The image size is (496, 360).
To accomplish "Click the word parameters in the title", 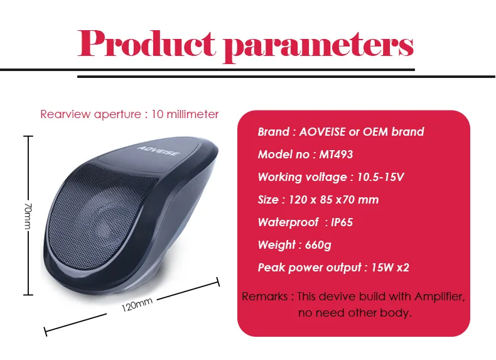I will (x=319, y=45).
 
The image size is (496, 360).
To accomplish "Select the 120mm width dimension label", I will (x=137, y=306).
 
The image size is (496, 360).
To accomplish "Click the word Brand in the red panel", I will (x=273, y=132).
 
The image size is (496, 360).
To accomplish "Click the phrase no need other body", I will (x=355, y=313).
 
